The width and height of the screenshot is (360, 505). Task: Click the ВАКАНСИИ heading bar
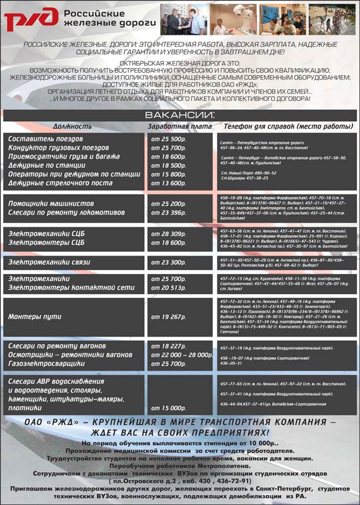click(180, 115)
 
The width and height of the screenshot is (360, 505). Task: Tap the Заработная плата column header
click(180, 126)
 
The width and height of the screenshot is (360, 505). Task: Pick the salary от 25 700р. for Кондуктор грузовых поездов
click(169, 148)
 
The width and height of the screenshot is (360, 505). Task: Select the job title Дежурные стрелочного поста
click(60, 183)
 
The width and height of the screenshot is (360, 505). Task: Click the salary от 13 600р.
click(169, 183)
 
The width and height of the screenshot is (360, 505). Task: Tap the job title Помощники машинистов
click(51, 204)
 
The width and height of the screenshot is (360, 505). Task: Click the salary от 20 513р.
click(169, 288)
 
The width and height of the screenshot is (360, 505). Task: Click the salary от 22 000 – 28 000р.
click(181, 355)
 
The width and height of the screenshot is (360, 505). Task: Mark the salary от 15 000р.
click(169, 408)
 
